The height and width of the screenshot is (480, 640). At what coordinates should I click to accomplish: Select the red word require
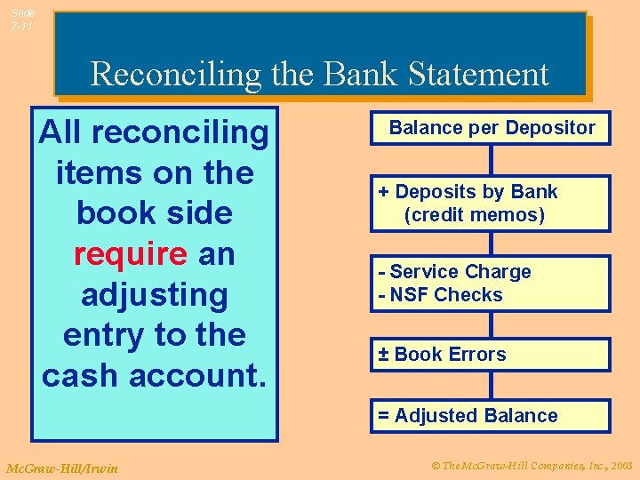[130, 254]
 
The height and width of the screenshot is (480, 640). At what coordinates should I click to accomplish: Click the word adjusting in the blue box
[154, 294]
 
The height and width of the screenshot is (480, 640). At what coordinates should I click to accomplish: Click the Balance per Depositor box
[491, 128]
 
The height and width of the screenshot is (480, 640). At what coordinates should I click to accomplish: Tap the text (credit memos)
[474, 215]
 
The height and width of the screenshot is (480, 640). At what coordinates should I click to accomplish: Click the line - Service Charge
[454, 272]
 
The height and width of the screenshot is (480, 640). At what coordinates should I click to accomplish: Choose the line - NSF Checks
[440, 295]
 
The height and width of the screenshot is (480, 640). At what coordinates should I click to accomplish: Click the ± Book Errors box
[491, 355]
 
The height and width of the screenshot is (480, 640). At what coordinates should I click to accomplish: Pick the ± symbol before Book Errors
[383, 355]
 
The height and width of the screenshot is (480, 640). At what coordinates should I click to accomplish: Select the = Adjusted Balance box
[491, 416]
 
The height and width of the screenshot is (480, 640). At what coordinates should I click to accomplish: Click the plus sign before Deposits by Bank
[383, 192]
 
